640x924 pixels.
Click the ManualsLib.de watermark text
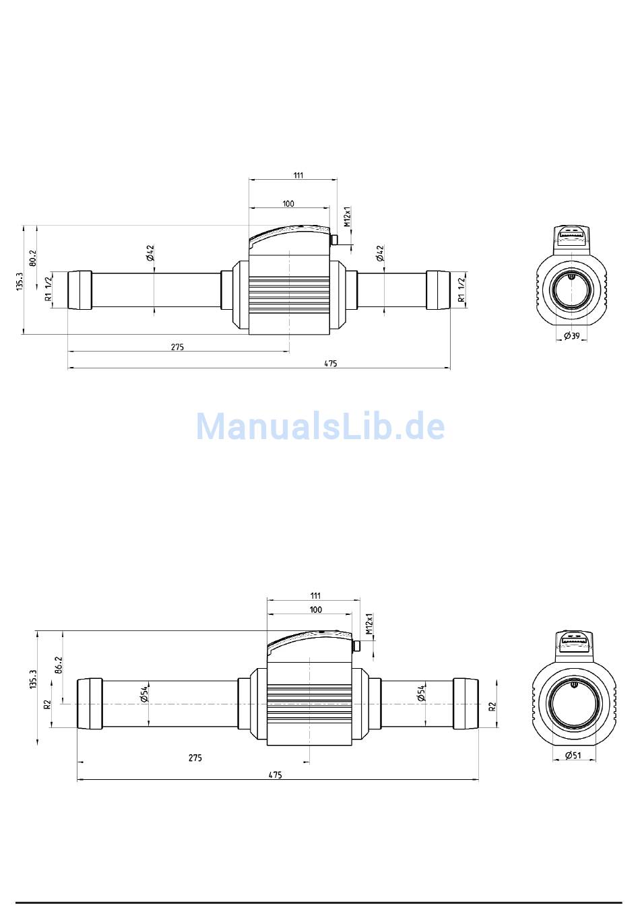point(321,426)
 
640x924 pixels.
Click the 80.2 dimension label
point(33,257)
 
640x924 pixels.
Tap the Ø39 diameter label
point(572,336)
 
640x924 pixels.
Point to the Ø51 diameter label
point(573,755)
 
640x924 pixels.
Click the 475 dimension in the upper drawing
point(331,364)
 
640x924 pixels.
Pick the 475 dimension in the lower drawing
point(275,774)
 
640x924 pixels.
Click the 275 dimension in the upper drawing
point(177,347)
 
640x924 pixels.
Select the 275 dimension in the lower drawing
point(195,758)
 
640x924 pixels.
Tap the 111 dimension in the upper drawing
point(298,175)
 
